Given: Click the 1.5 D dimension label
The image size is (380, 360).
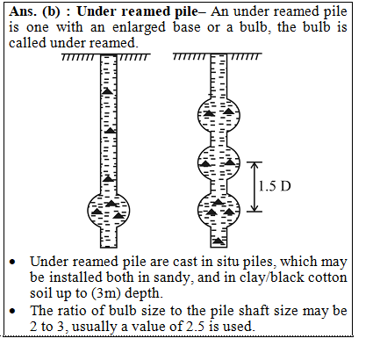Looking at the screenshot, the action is point(275,186).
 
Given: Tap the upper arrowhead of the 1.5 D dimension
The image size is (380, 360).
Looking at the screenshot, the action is point(255,165).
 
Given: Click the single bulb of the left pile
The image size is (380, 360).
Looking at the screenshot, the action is point(109,211).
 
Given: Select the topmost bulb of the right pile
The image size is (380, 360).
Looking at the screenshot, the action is point(219,115).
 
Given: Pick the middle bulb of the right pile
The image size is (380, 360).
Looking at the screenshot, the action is point(219,162).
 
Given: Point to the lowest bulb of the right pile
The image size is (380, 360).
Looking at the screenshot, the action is point(219,210).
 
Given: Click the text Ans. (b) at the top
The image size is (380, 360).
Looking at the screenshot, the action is point(34,11).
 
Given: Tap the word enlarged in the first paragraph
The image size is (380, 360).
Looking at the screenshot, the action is point(139,27).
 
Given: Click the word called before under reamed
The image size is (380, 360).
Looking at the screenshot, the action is point(27,43).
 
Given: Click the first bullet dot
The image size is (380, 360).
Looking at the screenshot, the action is point(12,262).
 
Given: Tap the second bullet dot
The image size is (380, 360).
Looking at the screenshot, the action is point(12,311).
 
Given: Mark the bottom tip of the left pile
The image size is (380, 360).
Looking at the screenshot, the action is point(109,248).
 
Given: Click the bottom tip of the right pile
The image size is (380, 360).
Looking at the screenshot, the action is point(219,247).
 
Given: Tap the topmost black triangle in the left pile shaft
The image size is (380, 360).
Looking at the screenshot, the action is point(107,91).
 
